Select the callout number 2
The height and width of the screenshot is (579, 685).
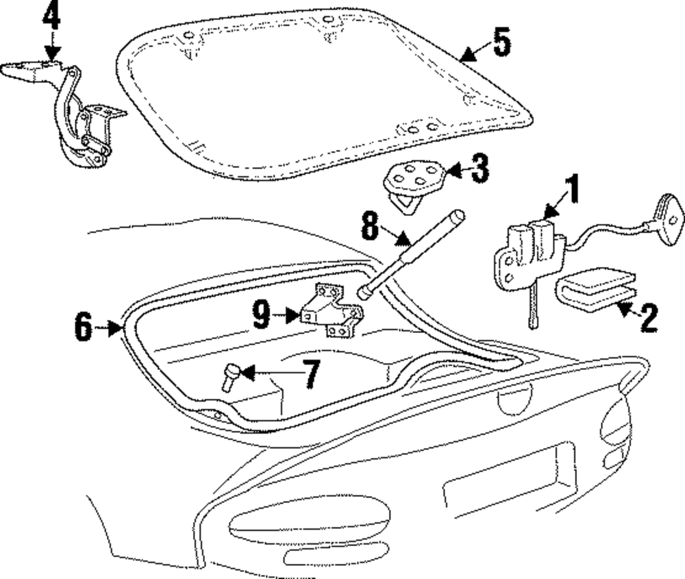[647, 318]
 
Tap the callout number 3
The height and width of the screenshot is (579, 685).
[480, 169]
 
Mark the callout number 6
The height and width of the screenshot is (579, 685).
[83, 326]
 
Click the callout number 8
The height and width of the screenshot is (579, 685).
[370, 225]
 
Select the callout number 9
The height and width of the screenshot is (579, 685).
[262, 316]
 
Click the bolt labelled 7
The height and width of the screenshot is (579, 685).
[229, 376]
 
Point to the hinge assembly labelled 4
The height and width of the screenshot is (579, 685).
[75, 116]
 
